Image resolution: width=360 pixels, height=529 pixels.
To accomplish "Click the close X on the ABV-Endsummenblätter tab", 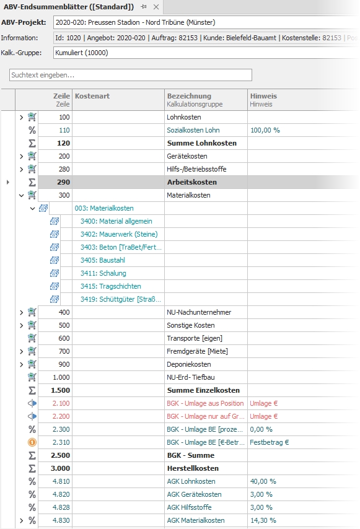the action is click(156, 7).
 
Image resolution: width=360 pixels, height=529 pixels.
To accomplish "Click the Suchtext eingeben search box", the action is click(130, 75).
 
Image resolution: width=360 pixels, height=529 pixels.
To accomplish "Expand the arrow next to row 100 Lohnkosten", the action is click(21, 117).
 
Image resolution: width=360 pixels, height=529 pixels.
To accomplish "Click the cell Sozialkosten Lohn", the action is click(193, 130).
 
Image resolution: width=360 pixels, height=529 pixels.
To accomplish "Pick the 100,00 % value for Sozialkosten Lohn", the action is click(265, 130).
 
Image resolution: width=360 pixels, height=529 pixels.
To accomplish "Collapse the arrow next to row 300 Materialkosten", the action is click(21, 195).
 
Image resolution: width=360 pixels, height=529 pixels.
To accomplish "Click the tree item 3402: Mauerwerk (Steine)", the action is click(119, 234).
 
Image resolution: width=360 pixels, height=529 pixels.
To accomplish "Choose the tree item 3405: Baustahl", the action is click(102, 260).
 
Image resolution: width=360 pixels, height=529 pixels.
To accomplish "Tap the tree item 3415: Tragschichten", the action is click(111, 286).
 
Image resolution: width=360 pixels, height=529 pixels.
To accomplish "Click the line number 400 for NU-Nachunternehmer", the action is click(64, 312).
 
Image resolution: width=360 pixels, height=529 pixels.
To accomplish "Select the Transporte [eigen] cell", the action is click(195, 338).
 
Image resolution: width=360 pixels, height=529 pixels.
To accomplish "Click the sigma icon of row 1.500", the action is click(32, 390).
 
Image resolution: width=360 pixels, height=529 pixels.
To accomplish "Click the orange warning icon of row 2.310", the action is click(32, 442).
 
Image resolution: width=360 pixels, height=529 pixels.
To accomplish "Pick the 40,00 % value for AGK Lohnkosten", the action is click(263, 481).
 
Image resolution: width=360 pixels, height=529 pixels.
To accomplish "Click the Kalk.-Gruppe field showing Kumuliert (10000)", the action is click(204, 53).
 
